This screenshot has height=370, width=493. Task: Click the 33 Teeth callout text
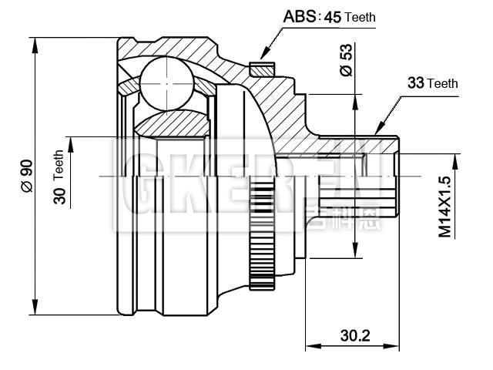432,83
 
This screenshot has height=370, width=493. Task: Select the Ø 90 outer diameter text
25,176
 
